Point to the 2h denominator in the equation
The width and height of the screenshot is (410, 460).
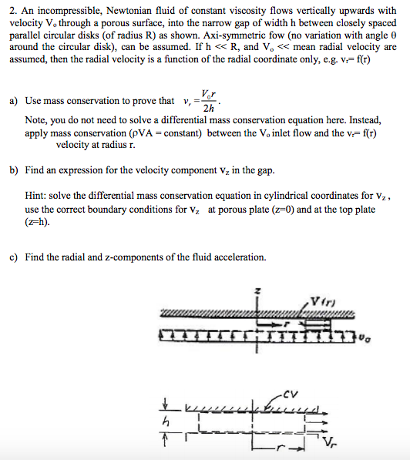pyautogui.click(x=208, y=109)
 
